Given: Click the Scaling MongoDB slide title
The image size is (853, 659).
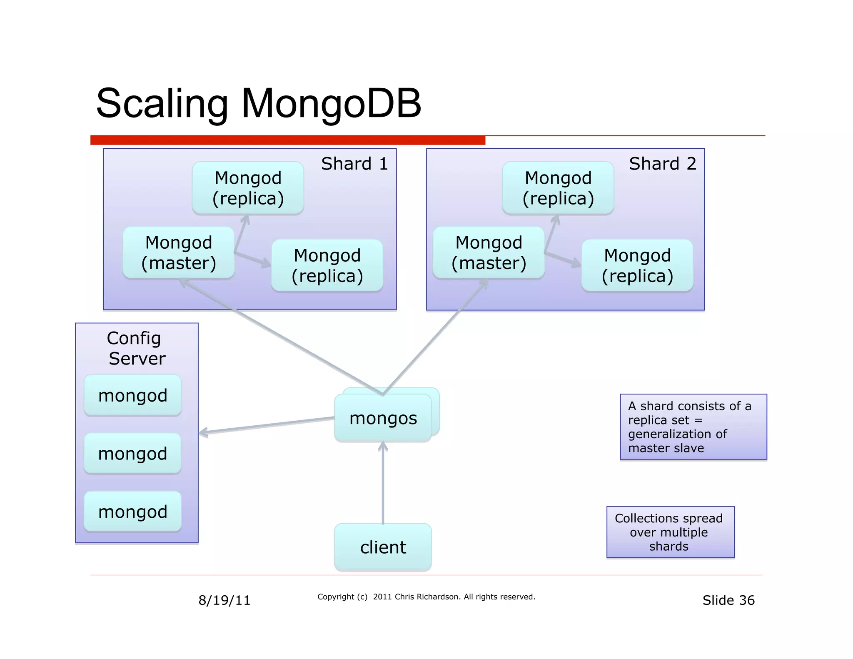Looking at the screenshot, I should (258, 103).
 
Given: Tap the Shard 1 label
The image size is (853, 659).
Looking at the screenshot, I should (354, 164).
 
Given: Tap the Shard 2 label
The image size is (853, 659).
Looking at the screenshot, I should (662, 164).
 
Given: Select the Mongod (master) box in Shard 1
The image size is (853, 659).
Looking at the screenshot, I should (178, 253).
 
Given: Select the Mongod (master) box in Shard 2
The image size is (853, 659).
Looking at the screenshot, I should (489, 253).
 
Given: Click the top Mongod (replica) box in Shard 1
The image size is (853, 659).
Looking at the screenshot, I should (248, 188).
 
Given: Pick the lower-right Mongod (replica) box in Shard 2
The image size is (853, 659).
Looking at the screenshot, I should (637, 265).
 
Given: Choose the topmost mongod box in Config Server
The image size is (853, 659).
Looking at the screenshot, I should (132, 395).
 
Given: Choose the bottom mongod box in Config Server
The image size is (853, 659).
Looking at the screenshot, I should (132, 512).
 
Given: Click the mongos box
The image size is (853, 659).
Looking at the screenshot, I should (383, 418).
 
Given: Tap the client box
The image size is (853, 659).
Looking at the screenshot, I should (383, 547).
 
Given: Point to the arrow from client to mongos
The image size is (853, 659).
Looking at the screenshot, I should (383, 483).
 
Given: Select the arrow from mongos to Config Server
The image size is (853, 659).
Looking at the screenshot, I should (267, 425).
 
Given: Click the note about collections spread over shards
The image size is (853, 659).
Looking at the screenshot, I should (670, 532).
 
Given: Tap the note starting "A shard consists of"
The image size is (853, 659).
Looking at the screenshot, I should (693, 427).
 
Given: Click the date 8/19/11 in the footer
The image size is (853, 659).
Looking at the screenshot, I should (224, 600).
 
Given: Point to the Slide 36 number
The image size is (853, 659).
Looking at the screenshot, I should (728, 600).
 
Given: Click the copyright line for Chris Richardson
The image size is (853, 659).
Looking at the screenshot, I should (426, 597).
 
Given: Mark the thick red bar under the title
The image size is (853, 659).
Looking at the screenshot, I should (287, 140).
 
